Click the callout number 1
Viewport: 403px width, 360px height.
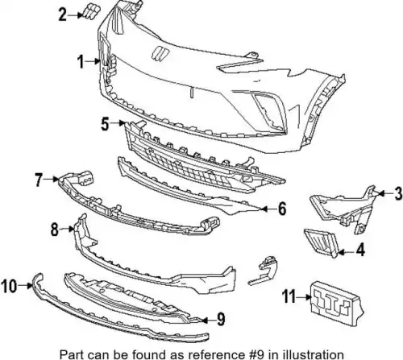coord(81,61)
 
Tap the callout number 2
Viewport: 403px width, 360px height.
coord(62,14)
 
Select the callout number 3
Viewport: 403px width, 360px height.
coord(397,193)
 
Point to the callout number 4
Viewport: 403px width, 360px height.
coord(360,250)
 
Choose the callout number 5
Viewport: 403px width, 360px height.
coord(105,124)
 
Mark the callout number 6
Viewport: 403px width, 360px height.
coord(282,209)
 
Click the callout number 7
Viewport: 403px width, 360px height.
coord(39,180)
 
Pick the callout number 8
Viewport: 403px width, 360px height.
coord(55,230)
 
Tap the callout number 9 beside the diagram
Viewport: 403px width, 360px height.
coord(221,320)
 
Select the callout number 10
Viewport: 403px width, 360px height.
coord(9,286)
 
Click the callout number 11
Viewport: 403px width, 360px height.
coord(289,297)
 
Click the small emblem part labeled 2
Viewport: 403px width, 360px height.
coord(90,12)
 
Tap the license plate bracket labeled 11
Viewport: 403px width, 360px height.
coord(337,304)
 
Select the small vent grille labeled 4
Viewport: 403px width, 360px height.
coord(321,242)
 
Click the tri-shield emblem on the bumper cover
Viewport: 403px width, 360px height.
coord(160,53)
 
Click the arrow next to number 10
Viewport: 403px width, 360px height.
coord(26,286)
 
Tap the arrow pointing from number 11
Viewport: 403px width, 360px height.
coord(305,297)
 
